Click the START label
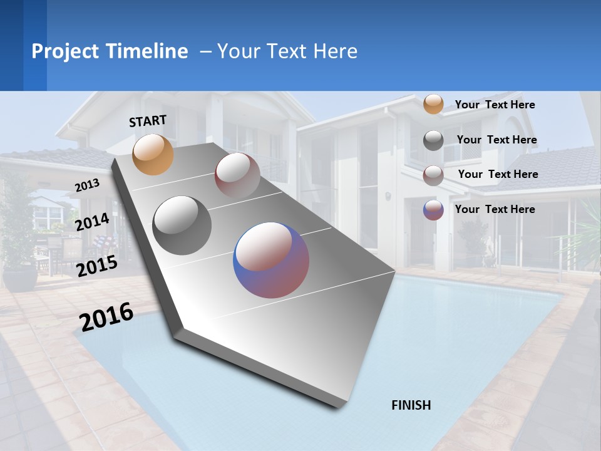coord(148,121)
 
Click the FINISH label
coord(411,405)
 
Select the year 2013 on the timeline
coord(87,185)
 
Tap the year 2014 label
coord(92,222)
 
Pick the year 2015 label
coord(96,266)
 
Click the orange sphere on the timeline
coord(153,154)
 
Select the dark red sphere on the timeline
coord(237,175)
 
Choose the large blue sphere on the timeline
coord(271,260)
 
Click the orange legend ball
coord(433,104)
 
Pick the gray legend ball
coord(433,140)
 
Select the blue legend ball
coord(433,210)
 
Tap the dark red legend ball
coord(433,175)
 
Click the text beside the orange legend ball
coord(495,105)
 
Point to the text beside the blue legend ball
coord(495,209)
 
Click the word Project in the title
coord(64,51)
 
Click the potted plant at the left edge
coord(19,251)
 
